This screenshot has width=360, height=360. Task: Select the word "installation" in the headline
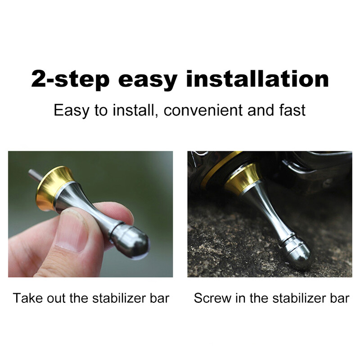click(x=257, y=79)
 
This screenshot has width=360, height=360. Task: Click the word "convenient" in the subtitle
click(x=203, y=110)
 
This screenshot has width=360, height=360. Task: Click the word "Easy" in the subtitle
click(x=72, y=111)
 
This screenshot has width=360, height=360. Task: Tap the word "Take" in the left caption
click(x=27, y=298)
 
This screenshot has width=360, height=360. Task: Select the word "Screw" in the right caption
click(x=212, y=298)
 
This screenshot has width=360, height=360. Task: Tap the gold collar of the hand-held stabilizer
click(x=54, y=187)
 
